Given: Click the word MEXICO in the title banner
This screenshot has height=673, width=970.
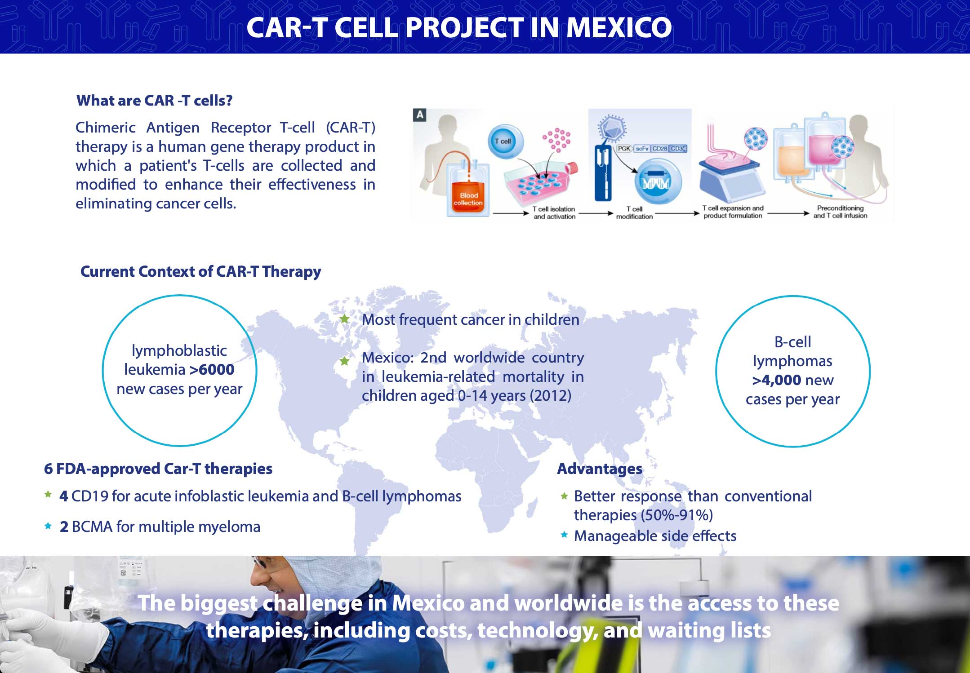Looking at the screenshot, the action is (619, 27).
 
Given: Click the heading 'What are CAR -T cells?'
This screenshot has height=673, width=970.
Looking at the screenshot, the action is (154, 100).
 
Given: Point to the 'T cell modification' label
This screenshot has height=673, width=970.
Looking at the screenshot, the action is (634, 213).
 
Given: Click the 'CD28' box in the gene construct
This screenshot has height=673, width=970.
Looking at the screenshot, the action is (660, 148).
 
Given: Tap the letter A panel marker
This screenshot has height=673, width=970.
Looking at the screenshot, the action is (420, 115).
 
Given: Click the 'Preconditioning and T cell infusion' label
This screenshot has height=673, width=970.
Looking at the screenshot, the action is (840, 212).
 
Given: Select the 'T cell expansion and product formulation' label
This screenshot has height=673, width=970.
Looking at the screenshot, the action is (733, 212).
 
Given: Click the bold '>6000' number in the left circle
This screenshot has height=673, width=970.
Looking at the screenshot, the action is (212, 370).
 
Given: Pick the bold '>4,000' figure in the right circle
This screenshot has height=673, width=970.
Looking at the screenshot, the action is (777, 380).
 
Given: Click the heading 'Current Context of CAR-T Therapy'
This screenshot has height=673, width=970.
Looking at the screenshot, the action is (200, 272).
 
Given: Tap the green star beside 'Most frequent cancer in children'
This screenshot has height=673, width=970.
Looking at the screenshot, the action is (345, 319).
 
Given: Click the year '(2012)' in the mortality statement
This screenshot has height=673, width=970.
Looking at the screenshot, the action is (550, 396).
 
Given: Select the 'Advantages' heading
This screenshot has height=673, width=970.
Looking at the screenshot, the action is (600, 469).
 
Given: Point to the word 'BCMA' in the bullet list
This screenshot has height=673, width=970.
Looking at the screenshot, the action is (92, 527).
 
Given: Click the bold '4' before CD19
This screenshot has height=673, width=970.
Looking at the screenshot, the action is (64, 496).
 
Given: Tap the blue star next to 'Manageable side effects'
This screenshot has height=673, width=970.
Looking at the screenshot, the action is (564, 535).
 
